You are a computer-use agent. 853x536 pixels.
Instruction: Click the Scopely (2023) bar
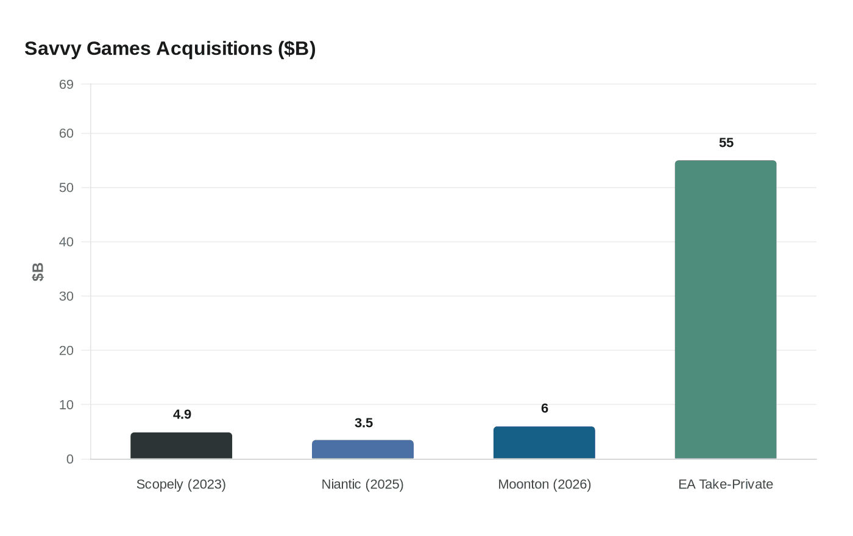[x=181, y=446]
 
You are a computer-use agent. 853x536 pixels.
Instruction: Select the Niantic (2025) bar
[x=363, y=450]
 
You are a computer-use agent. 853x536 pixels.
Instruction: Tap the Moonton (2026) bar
[x=544, y=443]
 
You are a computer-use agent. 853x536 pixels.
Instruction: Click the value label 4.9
[x=182, y=415]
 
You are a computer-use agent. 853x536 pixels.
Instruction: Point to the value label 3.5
[x=363, y=423]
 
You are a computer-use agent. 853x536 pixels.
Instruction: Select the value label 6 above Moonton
[x=544, y=409]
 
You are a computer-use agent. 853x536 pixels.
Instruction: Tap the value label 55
[x=726, y=143]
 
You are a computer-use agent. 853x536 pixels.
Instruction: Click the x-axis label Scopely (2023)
[x=181, y=484]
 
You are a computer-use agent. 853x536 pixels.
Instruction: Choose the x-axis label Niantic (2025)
[x=363, y=484]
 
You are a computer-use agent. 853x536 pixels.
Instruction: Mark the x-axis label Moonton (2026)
[x=544, y=484]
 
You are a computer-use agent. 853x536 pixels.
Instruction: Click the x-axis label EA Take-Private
[x=725, y=484]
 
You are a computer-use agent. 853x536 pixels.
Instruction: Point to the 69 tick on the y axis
[x=66, y=85]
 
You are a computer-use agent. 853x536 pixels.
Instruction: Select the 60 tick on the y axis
[x=66, y=133]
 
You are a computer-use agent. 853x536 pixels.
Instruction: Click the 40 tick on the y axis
[x=66, y=242]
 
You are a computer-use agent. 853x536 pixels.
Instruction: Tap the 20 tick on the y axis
[x=66, y=350]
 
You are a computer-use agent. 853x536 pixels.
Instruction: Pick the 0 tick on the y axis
[x=69, y=459]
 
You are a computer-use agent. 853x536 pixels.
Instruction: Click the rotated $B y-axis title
[x=38, y=272]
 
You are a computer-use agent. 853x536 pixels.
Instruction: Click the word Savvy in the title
[x=53, y=49]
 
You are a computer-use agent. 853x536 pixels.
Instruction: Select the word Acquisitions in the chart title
[x=214, y=49]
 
